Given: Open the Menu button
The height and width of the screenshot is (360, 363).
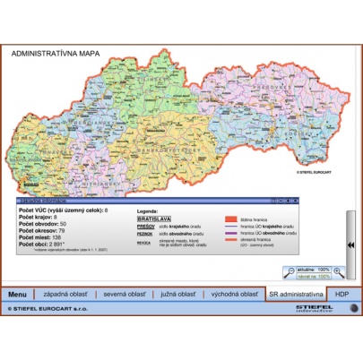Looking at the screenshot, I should coord(19,293).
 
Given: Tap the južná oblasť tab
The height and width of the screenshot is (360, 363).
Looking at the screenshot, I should coord(176,293).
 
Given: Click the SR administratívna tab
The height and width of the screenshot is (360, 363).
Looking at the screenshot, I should coord(295,293).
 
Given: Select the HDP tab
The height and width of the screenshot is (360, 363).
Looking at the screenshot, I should coord(341,293).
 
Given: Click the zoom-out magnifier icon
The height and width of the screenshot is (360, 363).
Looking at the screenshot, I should coord(291,271).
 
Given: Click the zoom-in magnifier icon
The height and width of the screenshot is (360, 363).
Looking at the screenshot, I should coord(339,271).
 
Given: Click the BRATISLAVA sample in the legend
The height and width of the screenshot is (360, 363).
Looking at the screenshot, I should coord(147,217).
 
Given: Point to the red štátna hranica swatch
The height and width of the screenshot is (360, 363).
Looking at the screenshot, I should coord(229,218).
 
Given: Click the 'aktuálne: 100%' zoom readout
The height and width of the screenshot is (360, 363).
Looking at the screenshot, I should coord(314,268).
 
